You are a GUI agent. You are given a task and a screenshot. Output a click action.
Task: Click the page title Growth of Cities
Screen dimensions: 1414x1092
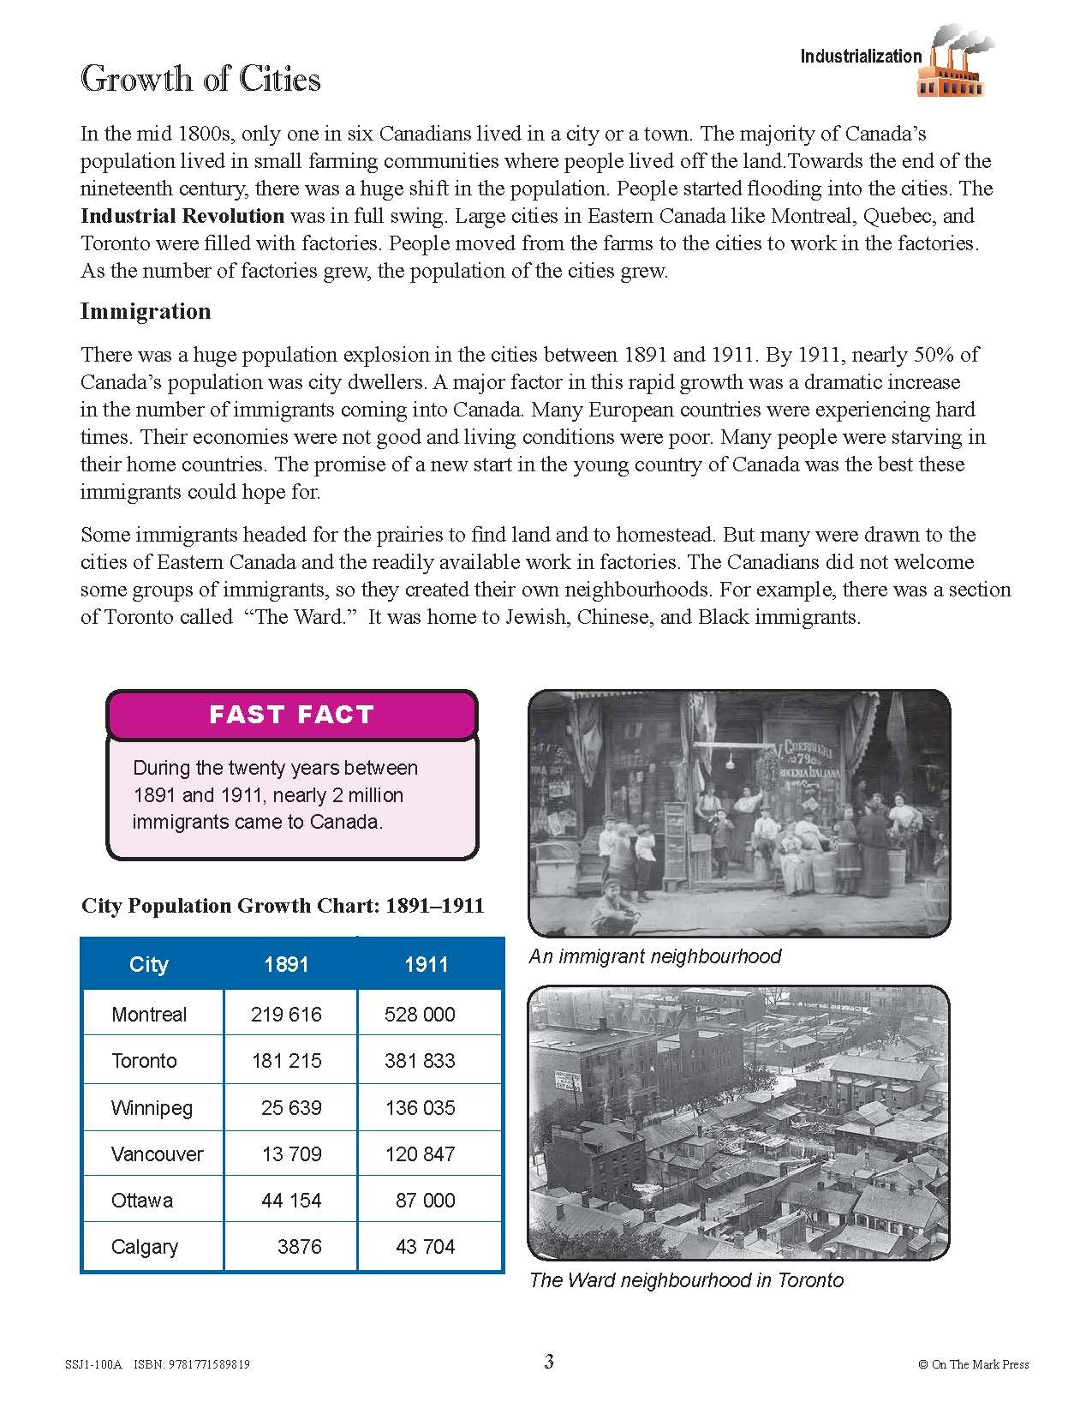(200, 79)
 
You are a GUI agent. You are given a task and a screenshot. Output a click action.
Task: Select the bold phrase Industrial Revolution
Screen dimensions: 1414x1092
(182, 216)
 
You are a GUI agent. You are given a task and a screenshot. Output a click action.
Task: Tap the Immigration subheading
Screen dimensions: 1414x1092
(146, 311)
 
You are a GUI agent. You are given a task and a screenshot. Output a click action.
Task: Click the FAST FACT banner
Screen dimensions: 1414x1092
(291, 715)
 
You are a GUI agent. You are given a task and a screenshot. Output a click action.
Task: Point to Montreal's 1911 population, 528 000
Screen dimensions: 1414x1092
(420, 1015)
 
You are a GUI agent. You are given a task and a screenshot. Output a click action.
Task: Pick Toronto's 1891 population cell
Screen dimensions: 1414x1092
(286, 1061)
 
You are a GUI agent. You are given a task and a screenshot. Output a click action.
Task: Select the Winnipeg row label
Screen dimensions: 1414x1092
(152, 1107)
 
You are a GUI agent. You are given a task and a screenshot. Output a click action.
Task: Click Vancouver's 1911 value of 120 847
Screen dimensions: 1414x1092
(420, 1154)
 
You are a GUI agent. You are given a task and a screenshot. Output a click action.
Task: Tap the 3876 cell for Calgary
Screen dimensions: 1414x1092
(299, 1247)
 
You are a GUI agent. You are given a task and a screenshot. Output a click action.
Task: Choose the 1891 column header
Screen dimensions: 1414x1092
(286, 965)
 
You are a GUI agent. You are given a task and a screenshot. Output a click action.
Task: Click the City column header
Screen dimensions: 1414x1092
(148, 965)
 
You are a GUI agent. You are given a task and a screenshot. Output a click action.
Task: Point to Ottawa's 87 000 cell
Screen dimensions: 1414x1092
(425, 1201)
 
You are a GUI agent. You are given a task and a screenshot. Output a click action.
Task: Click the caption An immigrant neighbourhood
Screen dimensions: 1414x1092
(655, 956)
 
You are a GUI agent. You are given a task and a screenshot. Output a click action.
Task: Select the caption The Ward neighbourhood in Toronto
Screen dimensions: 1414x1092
(686, 1280)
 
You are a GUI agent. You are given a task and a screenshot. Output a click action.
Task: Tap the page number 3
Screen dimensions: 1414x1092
(549, 1362)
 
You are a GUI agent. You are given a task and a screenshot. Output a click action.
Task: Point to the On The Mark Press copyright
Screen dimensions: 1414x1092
(973, 1364)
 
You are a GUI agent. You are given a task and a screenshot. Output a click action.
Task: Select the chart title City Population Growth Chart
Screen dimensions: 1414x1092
(283, 906)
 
